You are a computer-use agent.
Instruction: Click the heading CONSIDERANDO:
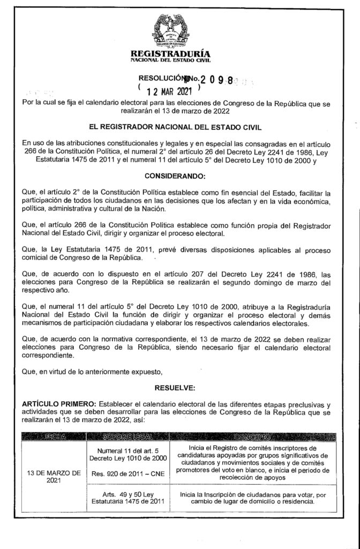click(179, 176)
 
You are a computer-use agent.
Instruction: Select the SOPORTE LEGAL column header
click(131, 437)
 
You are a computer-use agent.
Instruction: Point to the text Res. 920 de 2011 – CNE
click(131, 474)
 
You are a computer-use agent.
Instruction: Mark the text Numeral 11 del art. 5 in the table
click(131, 449)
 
